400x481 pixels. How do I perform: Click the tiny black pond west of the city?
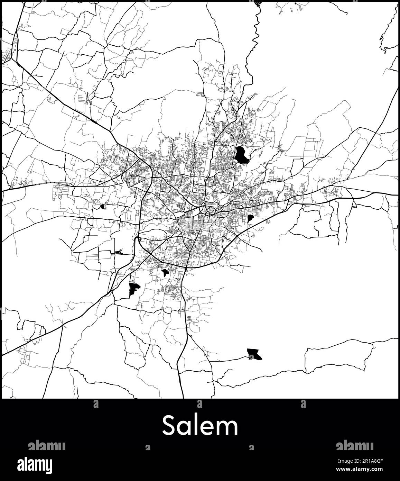tap(102, 207)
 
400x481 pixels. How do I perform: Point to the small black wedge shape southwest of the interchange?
tap(119, 252)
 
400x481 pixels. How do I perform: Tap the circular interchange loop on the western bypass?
tap(138, 238)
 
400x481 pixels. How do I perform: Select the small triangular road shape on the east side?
tap(354, 205)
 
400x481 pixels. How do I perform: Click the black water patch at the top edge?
tap(257, 3)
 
